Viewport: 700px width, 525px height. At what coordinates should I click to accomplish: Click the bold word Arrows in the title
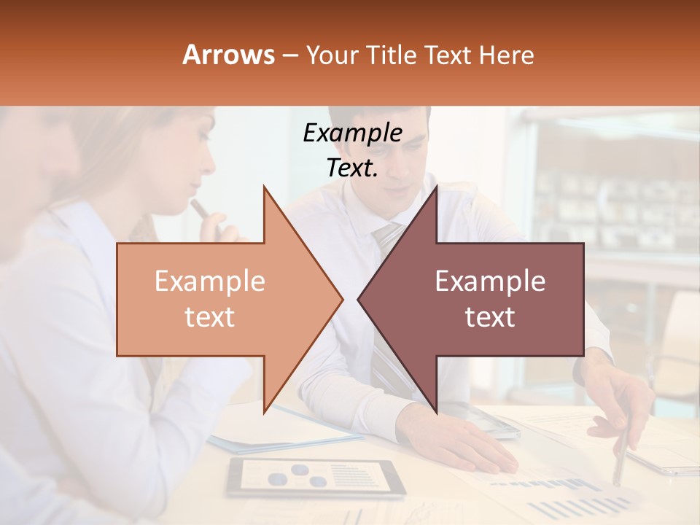(229, 55)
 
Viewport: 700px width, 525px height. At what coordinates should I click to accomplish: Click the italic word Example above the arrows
(352, 133)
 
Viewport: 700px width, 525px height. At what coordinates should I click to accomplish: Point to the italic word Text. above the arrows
(352, 168)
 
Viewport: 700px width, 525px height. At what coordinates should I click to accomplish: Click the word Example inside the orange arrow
(210, 281)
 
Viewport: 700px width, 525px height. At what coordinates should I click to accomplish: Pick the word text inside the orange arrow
(210, 317)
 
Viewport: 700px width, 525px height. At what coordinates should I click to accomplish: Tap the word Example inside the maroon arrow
(490, 281)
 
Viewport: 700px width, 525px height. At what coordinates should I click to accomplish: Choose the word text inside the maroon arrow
(490, 317)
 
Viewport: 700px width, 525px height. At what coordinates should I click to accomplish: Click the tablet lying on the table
(315, 477)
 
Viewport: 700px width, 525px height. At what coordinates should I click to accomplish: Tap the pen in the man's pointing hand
(621, 452)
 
